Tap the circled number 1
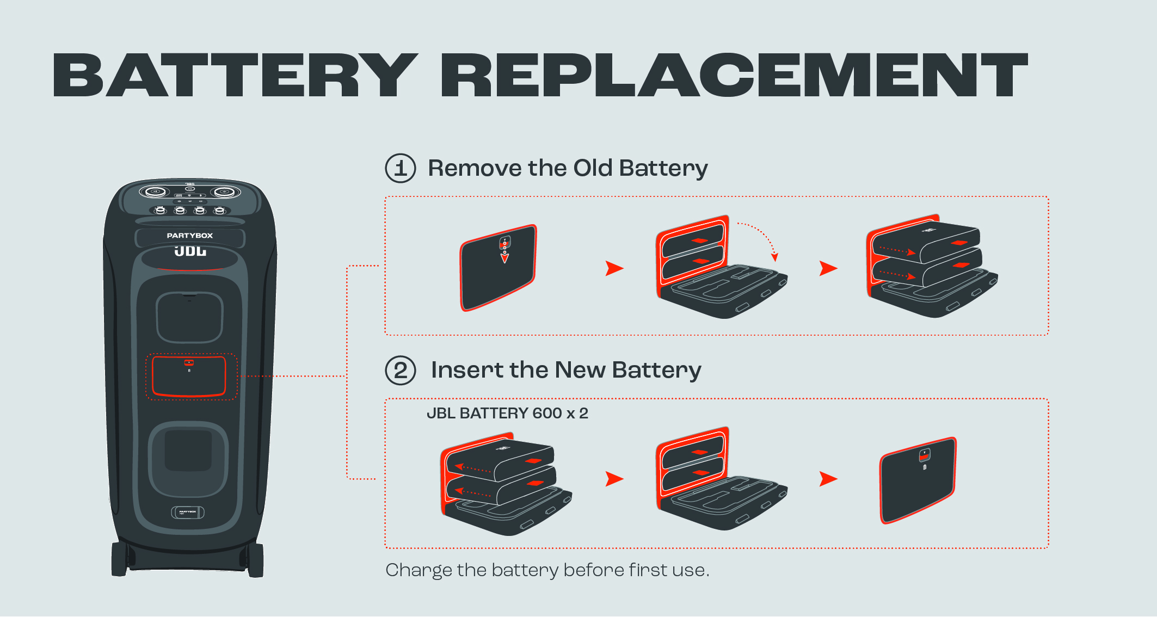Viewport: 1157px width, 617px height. coord(401,168)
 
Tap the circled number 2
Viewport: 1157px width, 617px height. coord(401,371)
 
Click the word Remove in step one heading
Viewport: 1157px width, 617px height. coord(474,168)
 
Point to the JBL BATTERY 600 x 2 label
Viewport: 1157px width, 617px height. coord(507,414)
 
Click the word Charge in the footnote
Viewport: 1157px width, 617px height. coord(419,570)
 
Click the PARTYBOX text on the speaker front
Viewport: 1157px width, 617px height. coord(190,236)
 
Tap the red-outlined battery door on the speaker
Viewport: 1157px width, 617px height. coord(189,377)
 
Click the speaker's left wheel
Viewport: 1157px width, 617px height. coord(119,559)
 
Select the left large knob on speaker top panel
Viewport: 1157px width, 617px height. coord(155,192)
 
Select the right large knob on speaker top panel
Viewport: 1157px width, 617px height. coord(224,192)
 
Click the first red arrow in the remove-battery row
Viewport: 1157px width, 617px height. coord(614,268)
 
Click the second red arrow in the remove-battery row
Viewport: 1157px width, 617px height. coord(828,268)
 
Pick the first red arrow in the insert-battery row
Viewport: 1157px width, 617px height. coord(614,479)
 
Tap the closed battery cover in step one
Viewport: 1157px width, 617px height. coord(498,268)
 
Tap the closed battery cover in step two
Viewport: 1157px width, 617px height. coord(918,480)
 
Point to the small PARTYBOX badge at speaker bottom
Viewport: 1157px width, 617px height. coord(188,512)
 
